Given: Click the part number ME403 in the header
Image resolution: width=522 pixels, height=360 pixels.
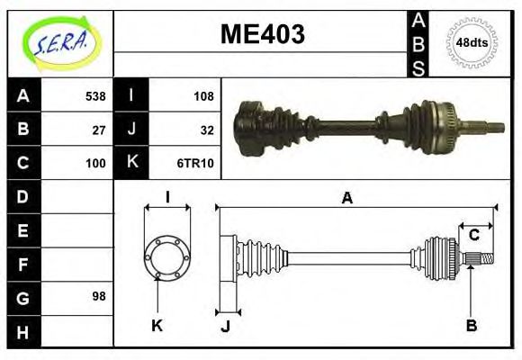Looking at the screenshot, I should click(x=262, y=35).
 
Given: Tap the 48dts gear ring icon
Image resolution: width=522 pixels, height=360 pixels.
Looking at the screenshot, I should click(x=472, y=42).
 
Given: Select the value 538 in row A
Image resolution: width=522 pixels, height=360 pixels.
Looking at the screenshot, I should click(x=94, y=95).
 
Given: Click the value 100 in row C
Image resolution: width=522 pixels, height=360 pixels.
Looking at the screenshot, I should click(x=94, y=163).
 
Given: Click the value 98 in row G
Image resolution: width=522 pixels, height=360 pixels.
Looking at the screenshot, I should click(x=99, y=295).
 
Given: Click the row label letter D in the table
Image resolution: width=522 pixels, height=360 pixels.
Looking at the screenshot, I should click(x=23, y=196).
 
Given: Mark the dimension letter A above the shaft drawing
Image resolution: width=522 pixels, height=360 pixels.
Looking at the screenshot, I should click(x=346, y=199).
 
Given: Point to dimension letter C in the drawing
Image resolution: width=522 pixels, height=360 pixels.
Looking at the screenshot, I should click(x=473, y=236).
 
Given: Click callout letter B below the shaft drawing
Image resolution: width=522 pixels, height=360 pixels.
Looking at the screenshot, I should click(x=471, y=325).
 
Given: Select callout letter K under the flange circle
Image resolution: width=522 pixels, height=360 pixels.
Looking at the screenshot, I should click(x=157, y=325).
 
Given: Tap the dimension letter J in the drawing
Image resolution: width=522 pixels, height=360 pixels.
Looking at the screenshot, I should click(x=225, y=326).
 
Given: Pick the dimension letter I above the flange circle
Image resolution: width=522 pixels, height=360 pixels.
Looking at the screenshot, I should click(x=167, y=197).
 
